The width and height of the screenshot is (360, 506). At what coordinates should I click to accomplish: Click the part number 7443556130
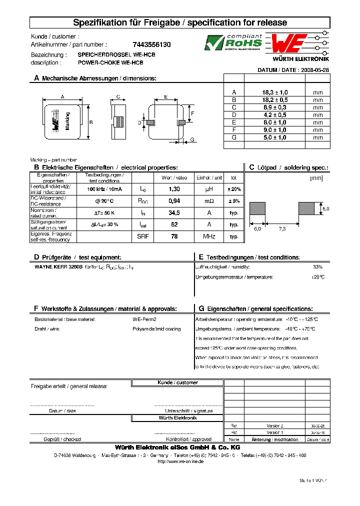151,44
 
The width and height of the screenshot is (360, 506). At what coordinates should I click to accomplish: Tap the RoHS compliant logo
233,42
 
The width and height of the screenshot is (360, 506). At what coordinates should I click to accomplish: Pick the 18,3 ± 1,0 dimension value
275,92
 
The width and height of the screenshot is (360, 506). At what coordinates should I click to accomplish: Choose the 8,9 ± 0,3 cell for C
275,107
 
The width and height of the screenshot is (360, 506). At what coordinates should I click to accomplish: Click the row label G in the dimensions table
233,137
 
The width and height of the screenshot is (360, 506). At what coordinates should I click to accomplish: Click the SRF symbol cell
142,236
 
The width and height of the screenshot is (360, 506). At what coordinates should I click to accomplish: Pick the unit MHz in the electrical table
209,236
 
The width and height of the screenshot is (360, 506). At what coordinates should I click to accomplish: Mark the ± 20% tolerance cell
234,189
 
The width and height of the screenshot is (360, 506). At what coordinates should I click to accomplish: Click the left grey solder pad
257,208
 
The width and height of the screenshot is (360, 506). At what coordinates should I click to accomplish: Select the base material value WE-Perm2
144,319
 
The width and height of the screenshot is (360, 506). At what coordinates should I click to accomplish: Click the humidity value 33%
317,267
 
